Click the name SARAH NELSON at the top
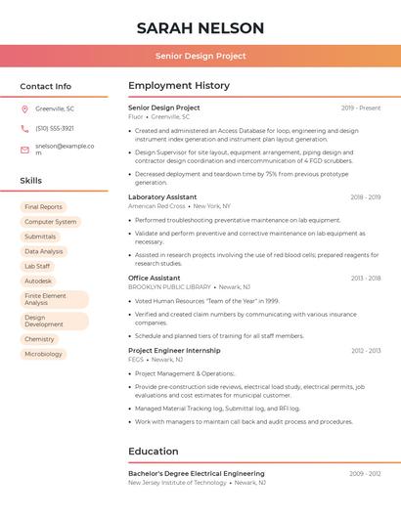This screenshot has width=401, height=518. [200, 27]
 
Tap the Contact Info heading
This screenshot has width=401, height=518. [46, 86]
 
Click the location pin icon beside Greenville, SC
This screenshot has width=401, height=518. [24, 108]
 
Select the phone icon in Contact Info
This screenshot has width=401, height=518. [24, 128]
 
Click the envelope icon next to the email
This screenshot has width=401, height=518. [24, 150]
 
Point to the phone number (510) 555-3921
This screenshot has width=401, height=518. [55, 128]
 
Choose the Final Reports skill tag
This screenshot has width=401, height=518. [43, 207]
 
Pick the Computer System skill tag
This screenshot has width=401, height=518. [50, 222]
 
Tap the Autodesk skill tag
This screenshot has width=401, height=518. [38, 281]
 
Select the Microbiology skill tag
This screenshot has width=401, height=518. [43, 354]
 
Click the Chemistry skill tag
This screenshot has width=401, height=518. [39, 339]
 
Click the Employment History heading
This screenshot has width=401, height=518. [179, 86]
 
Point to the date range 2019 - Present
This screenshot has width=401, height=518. [361, 108]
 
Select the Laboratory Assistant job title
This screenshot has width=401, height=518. [162, 196]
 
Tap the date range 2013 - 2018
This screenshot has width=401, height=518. [366, 278]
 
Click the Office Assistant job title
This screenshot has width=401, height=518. [155, 278]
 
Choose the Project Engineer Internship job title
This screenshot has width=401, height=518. [174, 350]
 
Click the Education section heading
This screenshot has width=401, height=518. [154, 452]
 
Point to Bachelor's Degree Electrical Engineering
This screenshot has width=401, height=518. [197, 473]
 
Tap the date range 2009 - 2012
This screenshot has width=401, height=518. [365, 473]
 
